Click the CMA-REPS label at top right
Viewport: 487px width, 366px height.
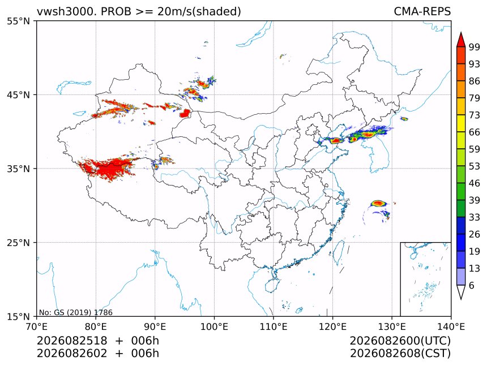[x=422, y=11]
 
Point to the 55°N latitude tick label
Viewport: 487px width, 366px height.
[x=18, y=21]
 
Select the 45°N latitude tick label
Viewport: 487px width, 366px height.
[x=18, y=94]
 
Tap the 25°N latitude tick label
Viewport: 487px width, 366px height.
[x=18, y=242]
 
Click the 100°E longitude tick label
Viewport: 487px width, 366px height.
[x=214, y=326]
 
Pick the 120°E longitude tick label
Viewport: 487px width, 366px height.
[x=332, y=326]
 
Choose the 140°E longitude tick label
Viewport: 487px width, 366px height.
[x=451, y=326]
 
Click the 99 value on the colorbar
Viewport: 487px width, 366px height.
[x=475, y=47]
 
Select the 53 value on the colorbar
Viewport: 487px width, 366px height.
[x=475, y=166]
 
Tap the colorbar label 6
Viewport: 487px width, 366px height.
[x=472, y=285]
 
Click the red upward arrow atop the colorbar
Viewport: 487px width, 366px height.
[x=461, y=39]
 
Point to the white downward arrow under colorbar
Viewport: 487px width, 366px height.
[x=461, y=292]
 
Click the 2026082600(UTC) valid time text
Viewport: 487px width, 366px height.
[x=400, y=341]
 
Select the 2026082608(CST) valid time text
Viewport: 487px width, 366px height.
[x=400, y=354]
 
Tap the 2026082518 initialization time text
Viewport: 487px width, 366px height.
[x=72, y=341]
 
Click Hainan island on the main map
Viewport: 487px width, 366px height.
[x=272, y=285]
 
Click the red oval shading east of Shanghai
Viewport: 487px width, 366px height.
[x=379, y=204]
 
